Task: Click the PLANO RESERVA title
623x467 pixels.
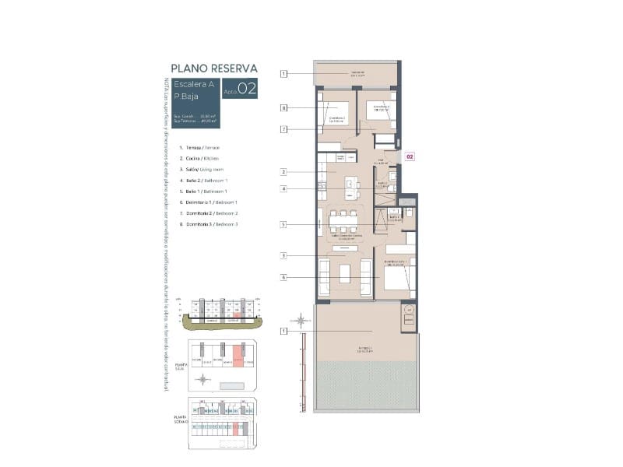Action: tap(213, 68)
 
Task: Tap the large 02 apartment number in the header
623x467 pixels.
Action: tap(247, 89)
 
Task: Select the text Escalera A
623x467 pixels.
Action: tap(195, 84)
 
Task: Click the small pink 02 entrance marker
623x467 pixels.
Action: tap(410, 156)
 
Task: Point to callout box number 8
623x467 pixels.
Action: tap(284, 108)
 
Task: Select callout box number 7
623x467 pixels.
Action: tap(284, 128)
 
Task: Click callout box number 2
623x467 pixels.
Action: tap(284, 171)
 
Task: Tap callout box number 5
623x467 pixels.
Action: tap(284, 225)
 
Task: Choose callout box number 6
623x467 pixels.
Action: tap(284, 277)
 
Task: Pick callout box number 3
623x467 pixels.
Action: tap(284, 255)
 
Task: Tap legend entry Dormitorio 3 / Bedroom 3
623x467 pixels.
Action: tap(208, 224)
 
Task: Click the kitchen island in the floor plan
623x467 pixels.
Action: tap(353, 188)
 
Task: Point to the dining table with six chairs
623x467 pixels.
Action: tap(344, 221)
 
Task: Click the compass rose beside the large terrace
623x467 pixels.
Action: tap(299, 319)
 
